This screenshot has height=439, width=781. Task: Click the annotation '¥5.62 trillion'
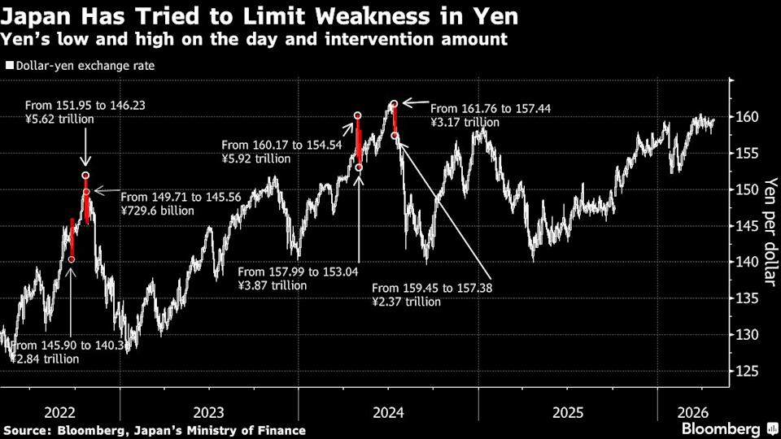point(60,119)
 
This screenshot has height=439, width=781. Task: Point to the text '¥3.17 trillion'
point(465,122)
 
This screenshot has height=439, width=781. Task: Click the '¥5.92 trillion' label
point(256,159)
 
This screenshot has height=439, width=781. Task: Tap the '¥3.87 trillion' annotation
point(273,285)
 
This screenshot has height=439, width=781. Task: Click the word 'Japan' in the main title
point(37,15)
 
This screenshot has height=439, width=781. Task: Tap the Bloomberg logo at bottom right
point(726,428)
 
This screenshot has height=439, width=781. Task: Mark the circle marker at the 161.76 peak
point(394,104)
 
